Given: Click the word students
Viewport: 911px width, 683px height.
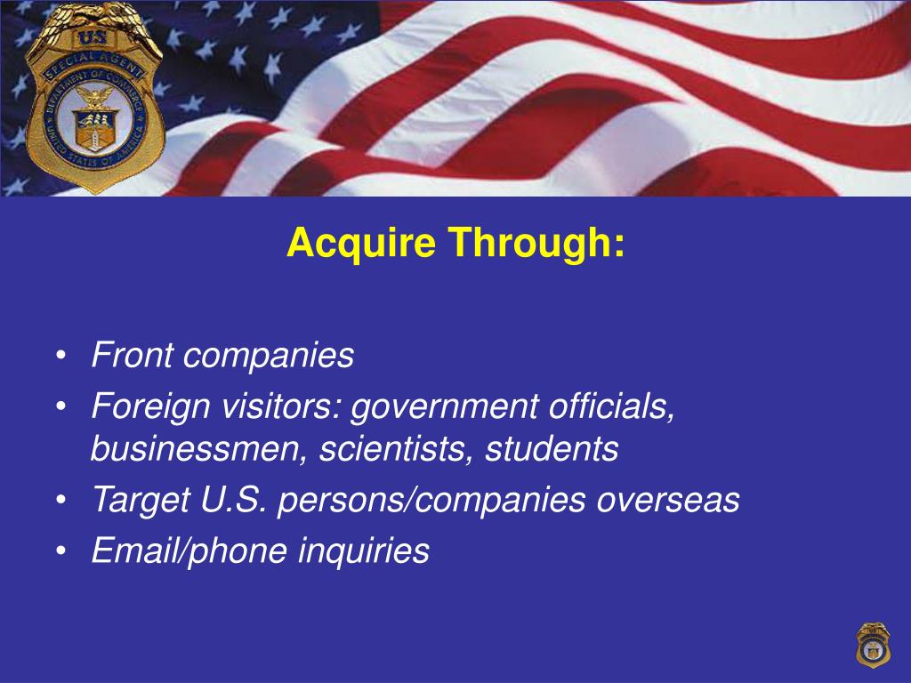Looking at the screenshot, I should [552, 450].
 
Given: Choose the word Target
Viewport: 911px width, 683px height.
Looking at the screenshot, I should [136, 501].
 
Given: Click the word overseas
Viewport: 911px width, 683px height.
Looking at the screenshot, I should [667, 501].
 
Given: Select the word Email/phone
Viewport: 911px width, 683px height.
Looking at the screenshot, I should [190, 551].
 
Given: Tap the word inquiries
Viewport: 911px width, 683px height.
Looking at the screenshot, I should [364, 551].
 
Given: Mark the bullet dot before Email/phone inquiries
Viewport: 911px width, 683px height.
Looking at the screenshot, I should [60, 552].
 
